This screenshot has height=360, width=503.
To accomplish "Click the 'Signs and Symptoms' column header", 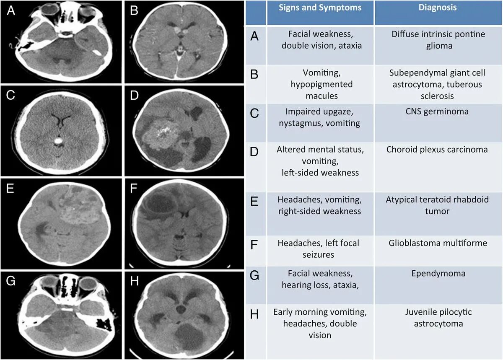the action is click(x=319, y=8).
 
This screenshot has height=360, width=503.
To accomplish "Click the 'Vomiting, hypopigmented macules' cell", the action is click(x=319, y=84).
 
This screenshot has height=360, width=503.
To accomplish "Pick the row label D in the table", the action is click(x=254, y=151).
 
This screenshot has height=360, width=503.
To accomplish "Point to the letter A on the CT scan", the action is click(x=11, y=11).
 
